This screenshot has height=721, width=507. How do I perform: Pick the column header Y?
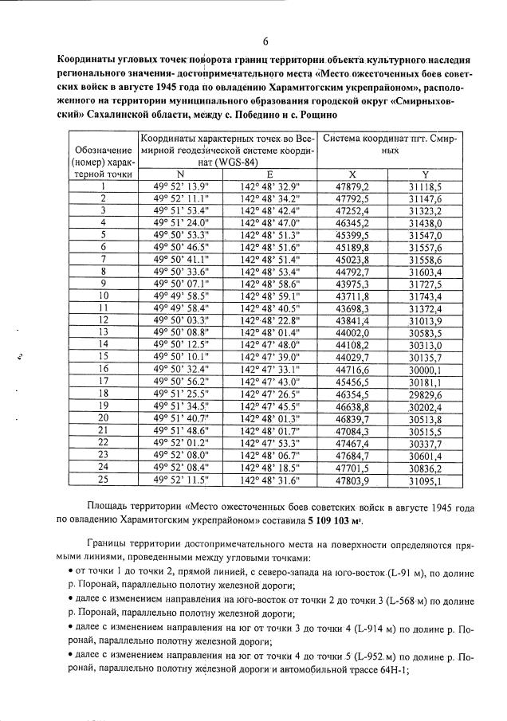tap(423, 174)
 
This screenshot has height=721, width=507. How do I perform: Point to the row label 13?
tap(102, 331)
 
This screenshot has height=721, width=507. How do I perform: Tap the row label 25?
tap(102, 480)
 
